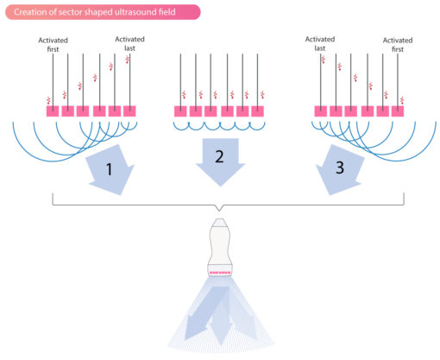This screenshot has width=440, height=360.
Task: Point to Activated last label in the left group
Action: (129, 45)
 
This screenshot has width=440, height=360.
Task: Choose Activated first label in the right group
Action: (398, 45)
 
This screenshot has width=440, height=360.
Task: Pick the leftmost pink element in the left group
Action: (53, 111)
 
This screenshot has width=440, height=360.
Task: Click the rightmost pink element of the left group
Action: (129, 111)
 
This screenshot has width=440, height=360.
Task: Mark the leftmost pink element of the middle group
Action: (181, 111)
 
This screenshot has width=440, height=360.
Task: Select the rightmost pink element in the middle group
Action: (258, 111)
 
